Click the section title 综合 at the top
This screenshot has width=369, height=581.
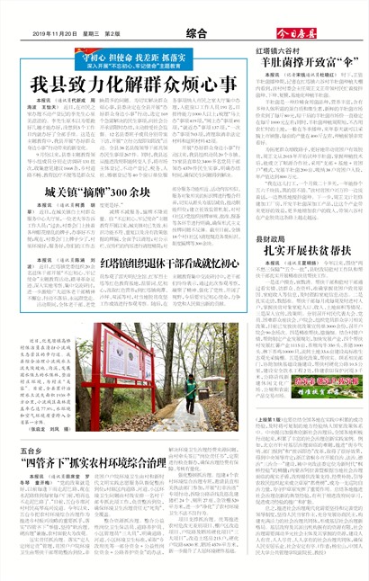[195, 32]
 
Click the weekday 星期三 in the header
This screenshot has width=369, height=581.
[93, 33]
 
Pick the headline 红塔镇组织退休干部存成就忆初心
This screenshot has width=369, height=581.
[181, 237]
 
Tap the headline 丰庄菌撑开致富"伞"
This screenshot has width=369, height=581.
[306, 65]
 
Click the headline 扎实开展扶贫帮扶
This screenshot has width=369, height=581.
[306, 228]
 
